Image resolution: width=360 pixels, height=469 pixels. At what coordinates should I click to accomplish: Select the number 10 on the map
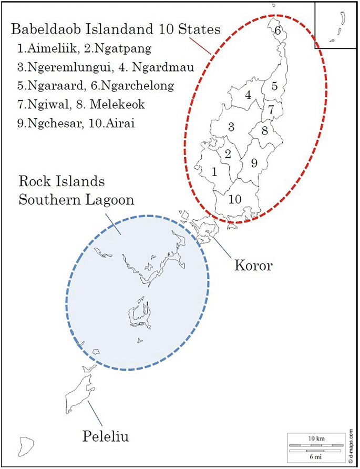point(235,199)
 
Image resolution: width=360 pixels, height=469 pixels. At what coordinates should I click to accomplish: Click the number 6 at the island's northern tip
point(277,30)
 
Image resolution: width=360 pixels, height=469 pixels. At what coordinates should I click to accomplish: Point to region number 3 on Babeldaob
point(231,127)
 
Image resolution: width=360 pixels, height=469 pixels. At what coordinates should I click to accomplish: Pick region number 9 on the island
point(254,164)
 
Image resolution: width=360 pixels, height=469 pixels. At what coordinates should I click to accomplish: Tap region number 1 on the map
point(214,171)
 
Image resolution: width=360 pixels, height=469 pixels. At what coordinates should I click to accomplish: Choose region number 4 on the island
point(247,96)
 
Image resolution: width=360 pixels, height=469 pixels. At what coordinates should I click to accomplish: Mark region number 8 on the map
point(265,129)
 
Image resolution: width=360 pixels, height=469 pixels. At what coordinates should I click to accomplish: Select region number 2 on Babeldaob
point(228,154)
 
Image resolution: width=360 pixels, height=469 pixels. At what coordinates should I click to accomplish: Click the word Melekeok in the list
point(117,105)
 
